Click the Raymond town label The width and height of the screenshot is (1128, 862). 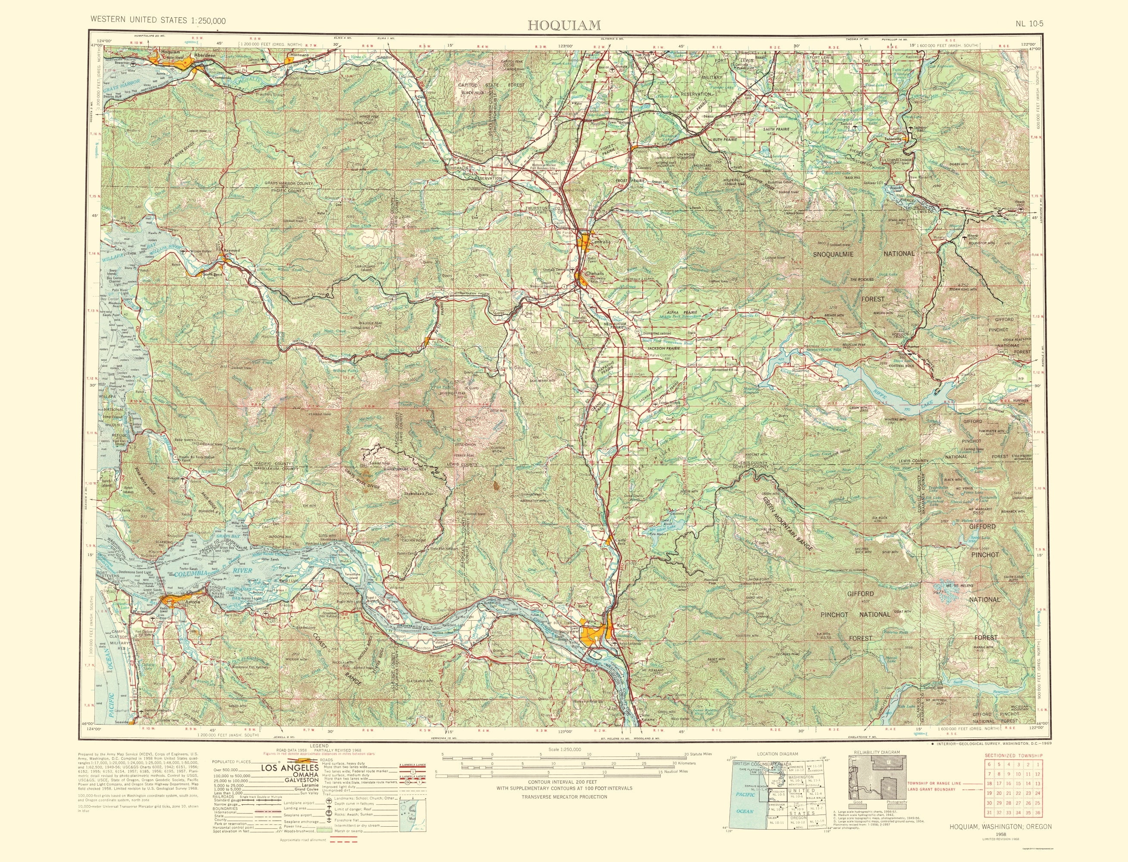coord(231,250)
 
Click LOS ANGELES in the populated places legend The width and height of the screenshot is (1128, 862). coord(291,768)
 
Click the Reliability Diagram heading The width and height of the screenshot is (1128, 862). coord(877,752)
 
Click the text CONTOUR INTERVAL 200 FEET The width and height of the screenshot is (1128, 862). coord(564,781)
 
